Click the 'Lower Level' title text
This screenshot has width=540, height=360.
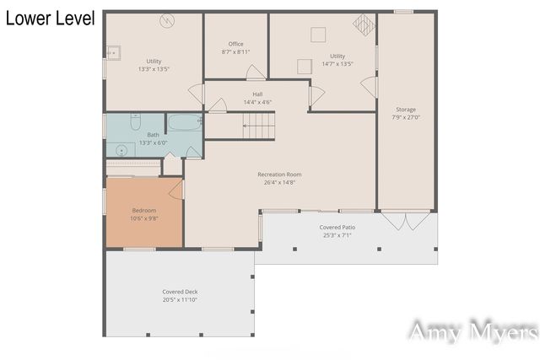[50, 19]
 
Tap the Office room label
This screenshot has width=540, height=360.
[235, 44]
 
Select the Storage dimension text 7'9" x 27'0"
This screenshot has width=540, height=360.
[406, 117]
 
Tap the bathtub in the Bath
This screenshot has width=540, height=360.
[184, 124]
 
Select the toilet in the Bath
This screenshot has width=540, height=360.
[136, 123]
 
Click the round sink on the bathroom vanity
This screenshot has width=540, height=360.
[121, 151]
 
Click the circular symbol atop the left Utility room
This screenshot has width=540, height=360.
[167, 21]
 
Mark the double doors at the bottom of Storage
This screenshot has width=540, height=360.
[406, 221]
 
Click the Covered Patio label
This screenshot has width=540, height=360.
[337, 228]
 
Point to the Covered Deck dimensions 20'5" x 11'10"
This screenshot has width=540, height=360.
[180, 299]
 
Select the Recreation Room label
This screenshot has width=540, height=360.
[279, 175]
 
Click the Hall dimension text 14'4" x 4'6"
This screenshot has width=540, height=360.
[256, 102]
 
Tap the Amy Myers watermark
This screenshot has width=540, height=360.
[472, 331]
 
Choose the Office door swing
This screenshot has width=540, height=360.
[218, 105]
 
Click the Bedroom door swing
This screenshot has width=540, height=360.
[176, 190]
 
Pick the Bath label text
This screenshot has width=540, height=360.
[153, 135]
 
